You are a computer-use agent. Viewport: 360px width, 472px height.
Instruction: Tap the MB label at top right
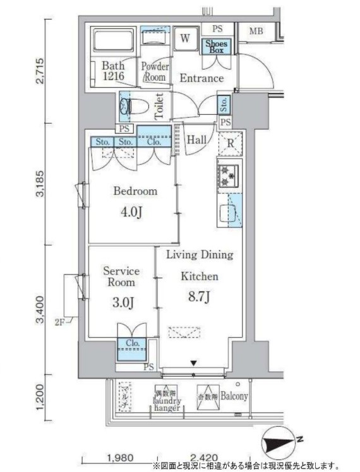point(256,32)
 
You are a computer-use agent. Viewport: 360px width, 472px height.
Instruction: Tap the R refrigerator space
point(231,144)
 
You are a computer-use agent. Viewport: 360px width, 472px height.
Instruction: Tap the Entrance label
point(201,78)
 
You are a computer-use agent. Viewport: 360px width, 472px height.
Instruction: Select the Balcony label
point(234,396)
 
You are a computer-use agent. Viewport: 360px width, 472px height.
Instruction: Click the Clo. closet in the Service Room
point(132,344)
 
